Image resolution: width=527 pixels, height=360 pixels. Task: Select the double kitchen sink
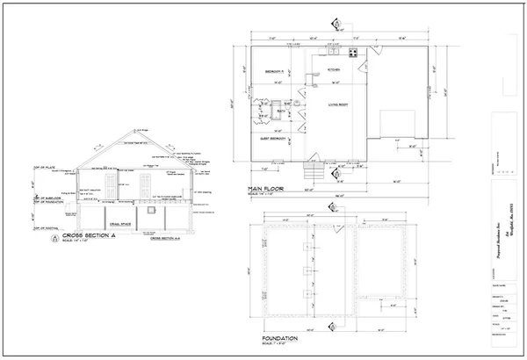(x=333, y=54)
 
